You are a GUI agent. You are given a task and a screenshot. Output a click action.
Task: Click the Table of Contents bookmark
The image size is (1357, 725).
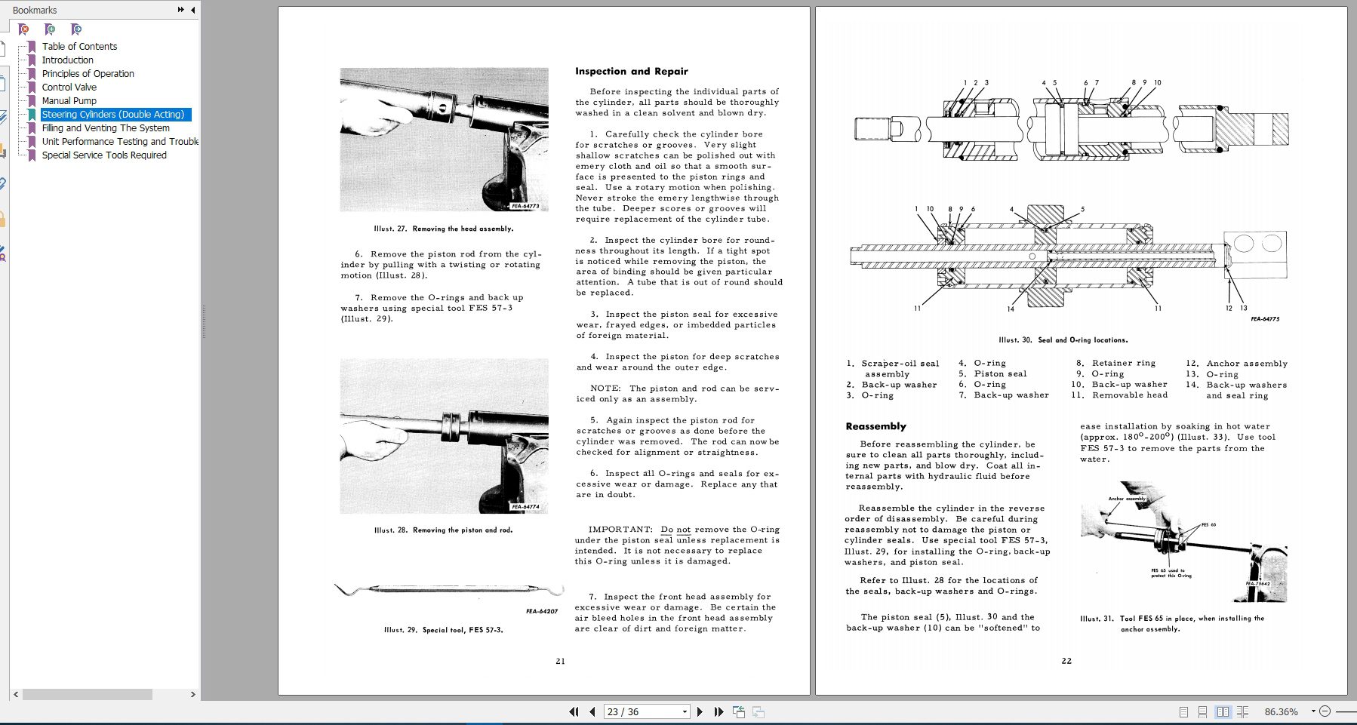point(79,47)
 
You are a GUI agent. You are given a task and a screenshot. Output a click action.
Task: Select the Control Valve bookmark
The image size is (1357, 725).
point(69,88)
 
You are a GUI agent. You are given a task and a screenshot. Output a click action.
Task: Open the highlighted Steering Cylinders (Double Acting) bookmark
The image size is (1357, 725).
point(112,115)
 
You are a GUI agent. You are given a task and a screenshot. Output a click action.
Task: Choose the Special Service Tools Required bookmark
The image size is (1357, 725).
point(104,155)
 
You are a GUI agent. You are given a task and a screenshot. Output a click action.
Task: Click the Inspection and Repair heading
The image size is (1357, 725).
point(631,72)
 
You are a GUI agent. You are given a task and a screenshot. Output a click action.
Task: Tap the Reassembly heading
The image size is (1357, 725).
point(875,426)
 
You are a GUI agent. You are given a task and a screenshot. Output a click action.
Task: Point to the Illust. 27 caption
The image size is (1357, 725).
point(443,229)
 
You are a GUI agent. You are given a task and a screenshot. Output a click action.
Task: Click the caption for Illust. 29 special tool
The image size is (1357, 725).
point(443,630)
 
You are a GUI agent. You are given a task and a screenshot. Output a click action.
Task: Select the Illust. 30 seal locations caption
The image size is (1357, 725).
point(1063,340)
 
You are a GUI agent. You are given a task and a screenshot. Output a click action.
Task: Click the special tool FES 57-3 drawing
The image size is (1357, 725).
point(449,589)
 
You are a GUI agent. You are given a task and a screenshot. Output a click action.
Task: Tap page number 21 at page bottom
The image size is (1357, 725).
point(560,662)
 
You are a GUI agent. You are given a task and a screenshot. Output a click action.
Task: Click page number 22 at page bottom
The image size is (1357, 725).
point(1066,661)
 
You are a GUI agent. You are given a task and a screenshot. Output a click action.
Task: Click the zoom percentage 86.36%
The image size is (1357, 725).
point(1281,711)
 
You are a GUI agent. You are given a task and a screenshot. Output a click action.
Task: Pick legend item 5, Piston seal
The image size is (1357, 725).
point(999,374)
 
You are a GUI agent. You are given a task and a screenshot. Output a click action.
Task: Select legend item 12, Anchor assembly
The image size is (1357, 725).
point(1245,364)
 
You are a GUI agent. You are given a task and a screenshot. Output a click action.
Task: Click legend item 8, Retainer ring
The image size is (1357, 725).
point(1122,364)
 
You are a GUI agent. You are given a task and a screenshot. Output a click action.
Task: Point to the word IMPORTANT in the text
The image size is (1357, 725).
point(620,530)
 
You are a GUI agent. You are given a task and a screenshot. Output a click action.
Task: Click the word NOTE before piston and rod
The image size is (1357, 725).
point(605,389)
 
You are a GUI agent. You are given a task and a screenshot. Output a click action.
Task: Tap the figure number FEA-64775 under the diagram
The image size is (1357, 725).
point(1264,319)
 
